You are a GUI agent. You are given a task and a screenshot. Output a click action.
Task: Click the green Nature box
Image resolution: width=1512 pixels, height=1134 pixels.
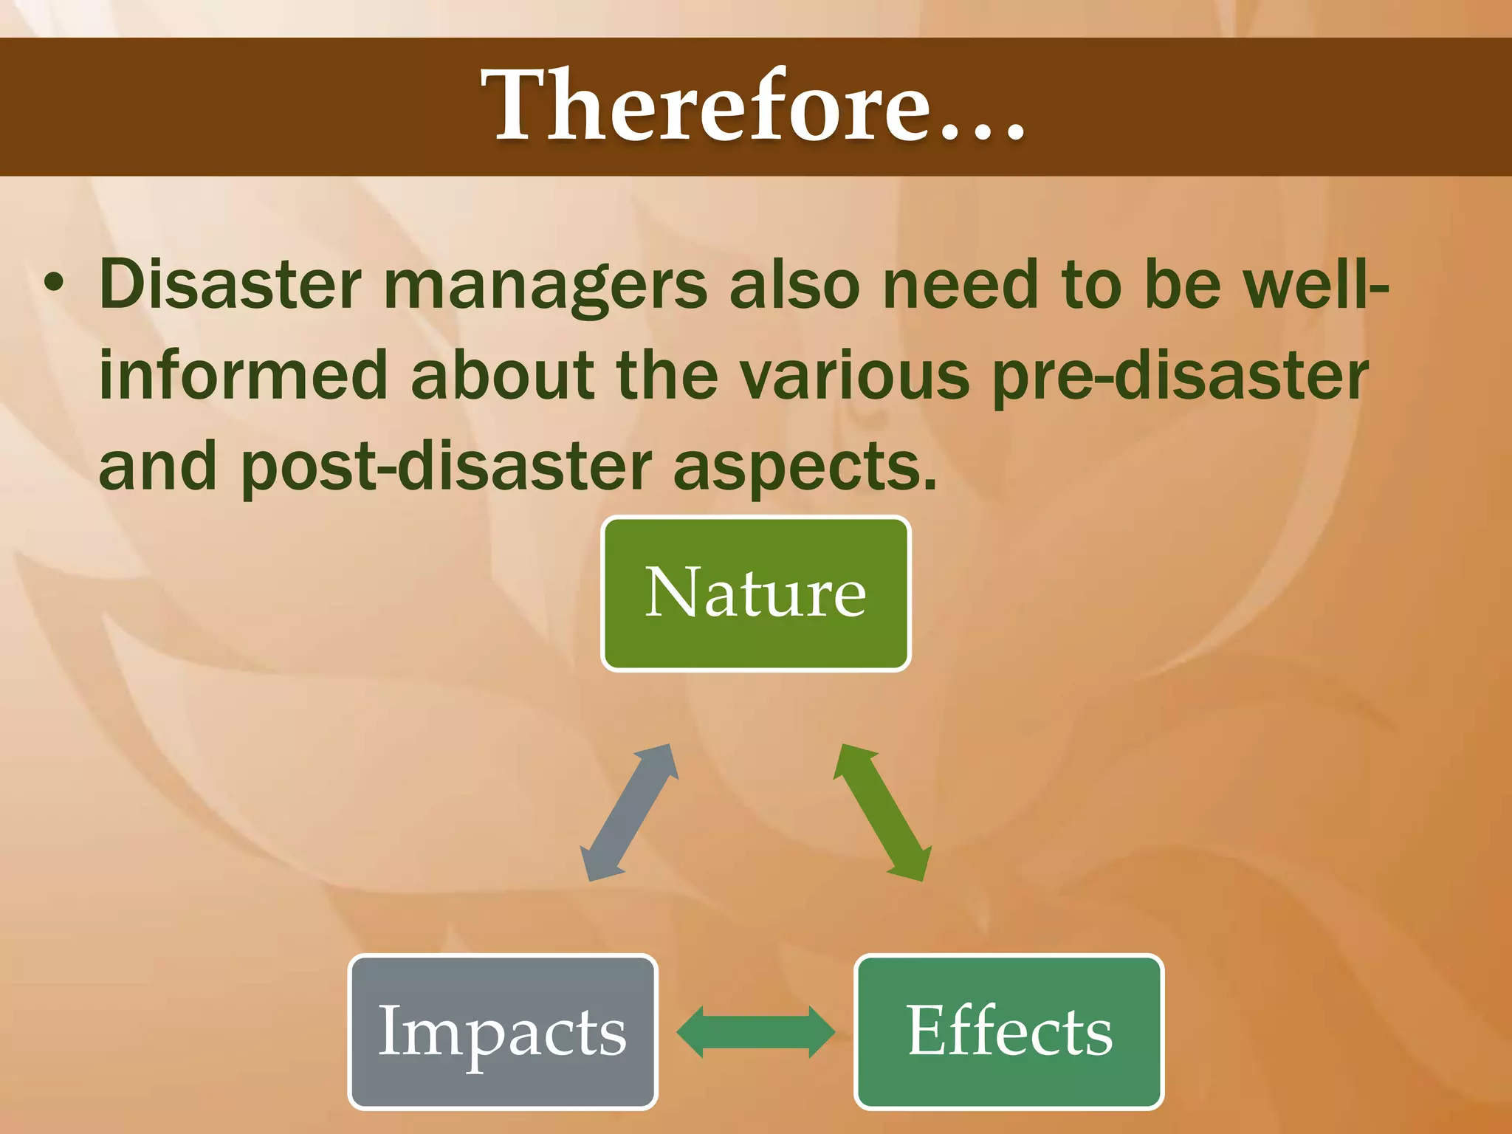tap(755, 593)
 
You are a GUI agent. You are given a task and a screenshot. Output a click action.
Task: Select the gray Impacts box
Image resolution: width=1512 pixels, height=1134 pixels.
tap(502, 1031)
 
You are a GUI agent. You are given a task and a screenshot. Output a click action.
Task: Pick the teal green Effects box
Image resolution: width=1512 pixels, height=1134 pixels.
tap(1008, 1031)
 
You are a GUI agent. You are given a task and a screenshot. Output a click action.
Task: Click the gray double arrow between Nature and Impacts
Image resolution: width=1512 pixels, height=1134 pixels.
tap(628, 812)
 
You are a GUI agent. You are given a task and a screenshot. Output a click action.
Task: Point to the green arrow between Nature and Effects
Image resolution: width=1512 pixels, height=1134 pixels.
tap(882, 812)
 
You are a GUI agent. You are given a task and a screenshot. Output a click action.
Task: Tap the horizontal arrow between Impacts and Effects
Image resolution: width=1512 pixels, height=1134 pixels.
tap(755, 1031)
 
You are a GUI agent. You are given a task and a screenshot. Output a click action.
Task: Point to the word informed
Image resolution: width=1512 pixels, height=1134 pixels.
tap(244, 376)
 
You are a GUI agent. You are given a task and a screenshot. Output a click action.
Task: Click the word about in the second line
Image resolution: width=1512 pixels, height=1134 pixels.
tap(502, 376)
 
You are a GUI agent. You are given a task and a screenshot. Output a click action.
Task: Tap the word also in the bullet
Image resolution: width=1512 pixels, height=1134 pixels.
tap(794, 285)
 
